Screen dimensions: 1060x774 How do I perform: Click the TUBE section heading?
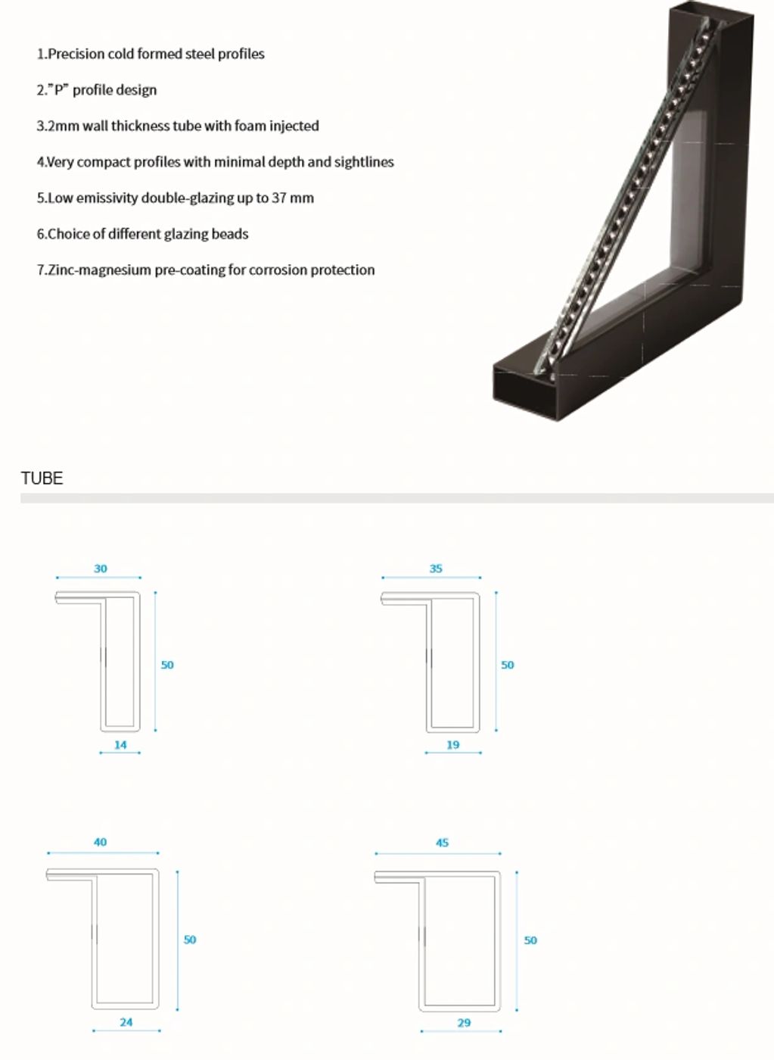(x=42, y=479)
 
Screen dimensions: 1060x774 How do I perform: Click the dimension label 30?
(x=101, y=569)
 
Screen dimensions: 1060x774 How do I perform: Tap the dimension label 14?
(x=120, y=745)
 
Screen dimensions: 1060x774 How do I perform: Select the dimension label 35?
(x=436, y=569)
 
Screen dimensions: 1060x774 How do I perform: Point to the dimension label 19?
(x=452, y=745)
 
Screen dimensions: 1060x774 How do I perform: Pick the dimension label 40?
(x=100, y=842)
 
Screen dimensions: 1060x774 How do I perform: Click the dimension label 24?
(x=126, y=1022)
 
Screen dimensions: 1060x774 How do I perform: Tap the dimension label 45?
(x=442, y=843)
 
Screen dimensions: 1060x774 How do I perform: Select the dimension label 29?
(x=464, y=1023)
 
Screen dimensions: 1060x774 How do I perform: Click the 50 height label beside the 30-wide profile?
(x=167, y=665)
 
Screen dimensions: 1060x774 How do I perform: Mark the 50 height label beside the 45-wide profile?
(x=530, y=940)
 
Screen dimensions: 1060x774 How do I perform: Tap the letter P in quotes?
(x=58, y=90)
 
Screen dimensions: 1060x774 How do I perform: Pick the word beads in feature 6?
(x=230, y=234)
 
